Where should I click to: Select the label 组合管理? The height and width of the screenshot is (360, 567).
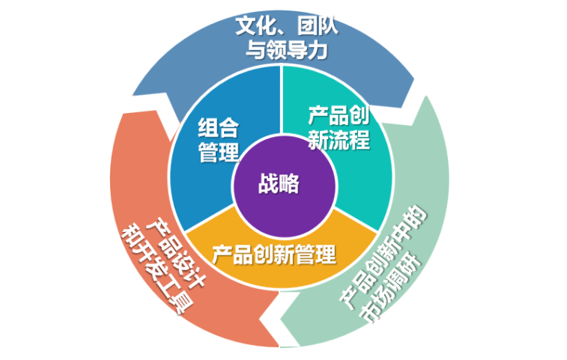click(x=218, y=139)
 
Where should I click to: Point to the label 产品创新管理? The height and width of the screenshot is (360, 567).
click(x=273, y=254)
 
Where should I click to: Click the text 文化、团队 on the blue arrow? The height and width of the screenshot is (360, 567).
click(x=287, y=27)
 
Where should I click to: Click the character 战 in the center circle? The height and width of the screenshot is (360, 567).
click(x=268, y=183)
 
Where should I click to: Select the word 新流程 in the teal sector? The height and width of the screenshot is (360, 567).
click(x=339, y=140)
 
